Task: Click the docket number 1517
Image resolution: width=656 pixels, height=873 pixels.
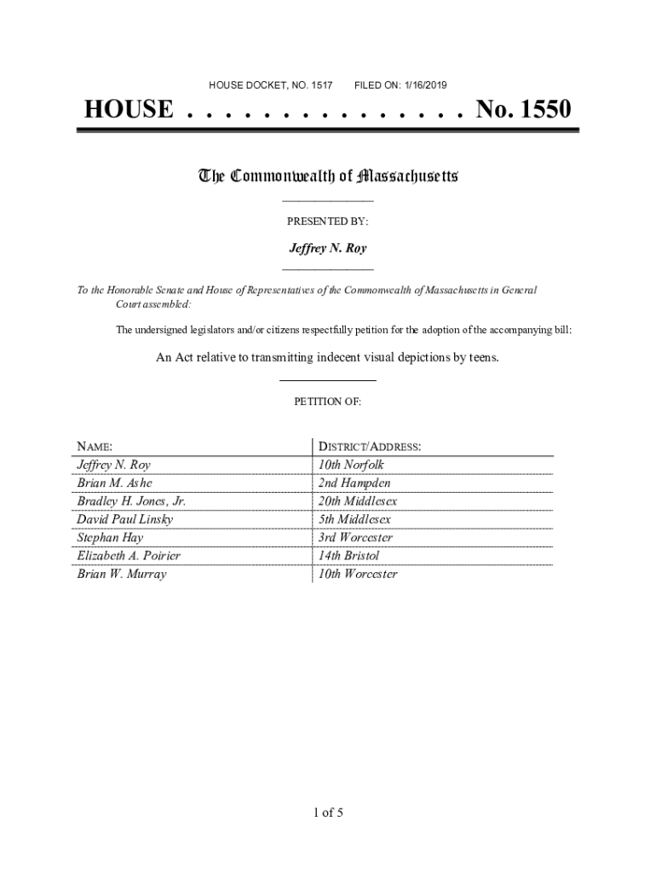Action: (321, 85)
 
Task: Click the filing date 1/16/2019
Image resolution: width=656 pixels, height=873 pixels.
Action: (423, 85)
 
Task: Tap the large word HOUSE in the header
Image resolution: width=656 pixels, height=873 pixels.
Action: (128, 110)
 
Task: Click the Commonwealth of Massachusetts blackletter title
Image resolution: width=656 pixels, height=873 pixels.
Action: (328, 176)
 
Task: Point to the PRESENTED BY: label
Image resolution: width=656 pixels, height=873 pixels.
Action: (327, 221)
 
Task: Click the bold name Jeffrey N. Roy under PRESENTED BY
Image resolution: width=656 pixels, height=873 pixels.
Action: (328, 249)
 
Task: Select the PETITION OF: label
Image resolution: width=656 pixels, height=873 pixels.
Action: (328, 401)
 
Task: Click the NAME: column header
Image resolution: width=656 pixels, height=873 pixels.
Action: (95, 447)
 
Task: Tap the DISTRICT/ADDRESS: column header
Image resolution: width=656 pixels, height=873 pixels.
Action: (369, 447)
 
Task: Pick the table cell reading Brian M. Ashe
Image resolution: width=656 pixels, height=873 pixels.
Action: (114, 483)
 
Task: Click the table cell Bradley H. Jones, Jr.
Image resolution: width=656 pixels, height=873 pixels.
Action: (131, 501)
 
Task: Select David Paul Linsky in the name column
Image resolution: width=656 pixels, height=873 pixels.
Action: (124, 519)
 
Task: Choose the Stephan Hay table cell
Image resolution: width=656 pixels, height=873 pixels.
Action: (110, 538)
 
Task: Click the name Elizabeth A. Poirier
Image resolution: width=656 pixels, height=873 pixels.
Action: (129, 556)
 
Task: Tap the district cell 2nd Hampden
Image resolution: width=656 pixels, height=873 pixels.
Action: (354, 483)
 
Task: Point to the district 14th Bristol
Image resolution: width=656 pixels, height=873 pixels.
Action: (349, 556)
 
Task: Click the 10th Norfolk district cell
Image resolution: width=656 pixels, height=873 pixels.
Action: (351, 465)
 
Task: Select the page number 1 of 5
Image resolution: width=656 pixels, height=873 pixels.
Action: (328, 812)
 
